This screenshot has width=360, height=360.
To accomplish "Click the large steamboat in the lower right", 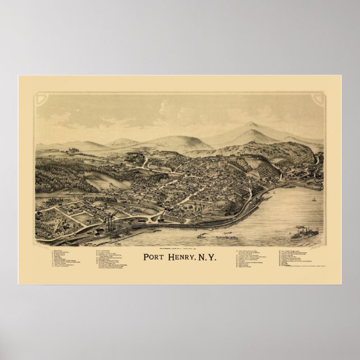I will click(x=304, y=233).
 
